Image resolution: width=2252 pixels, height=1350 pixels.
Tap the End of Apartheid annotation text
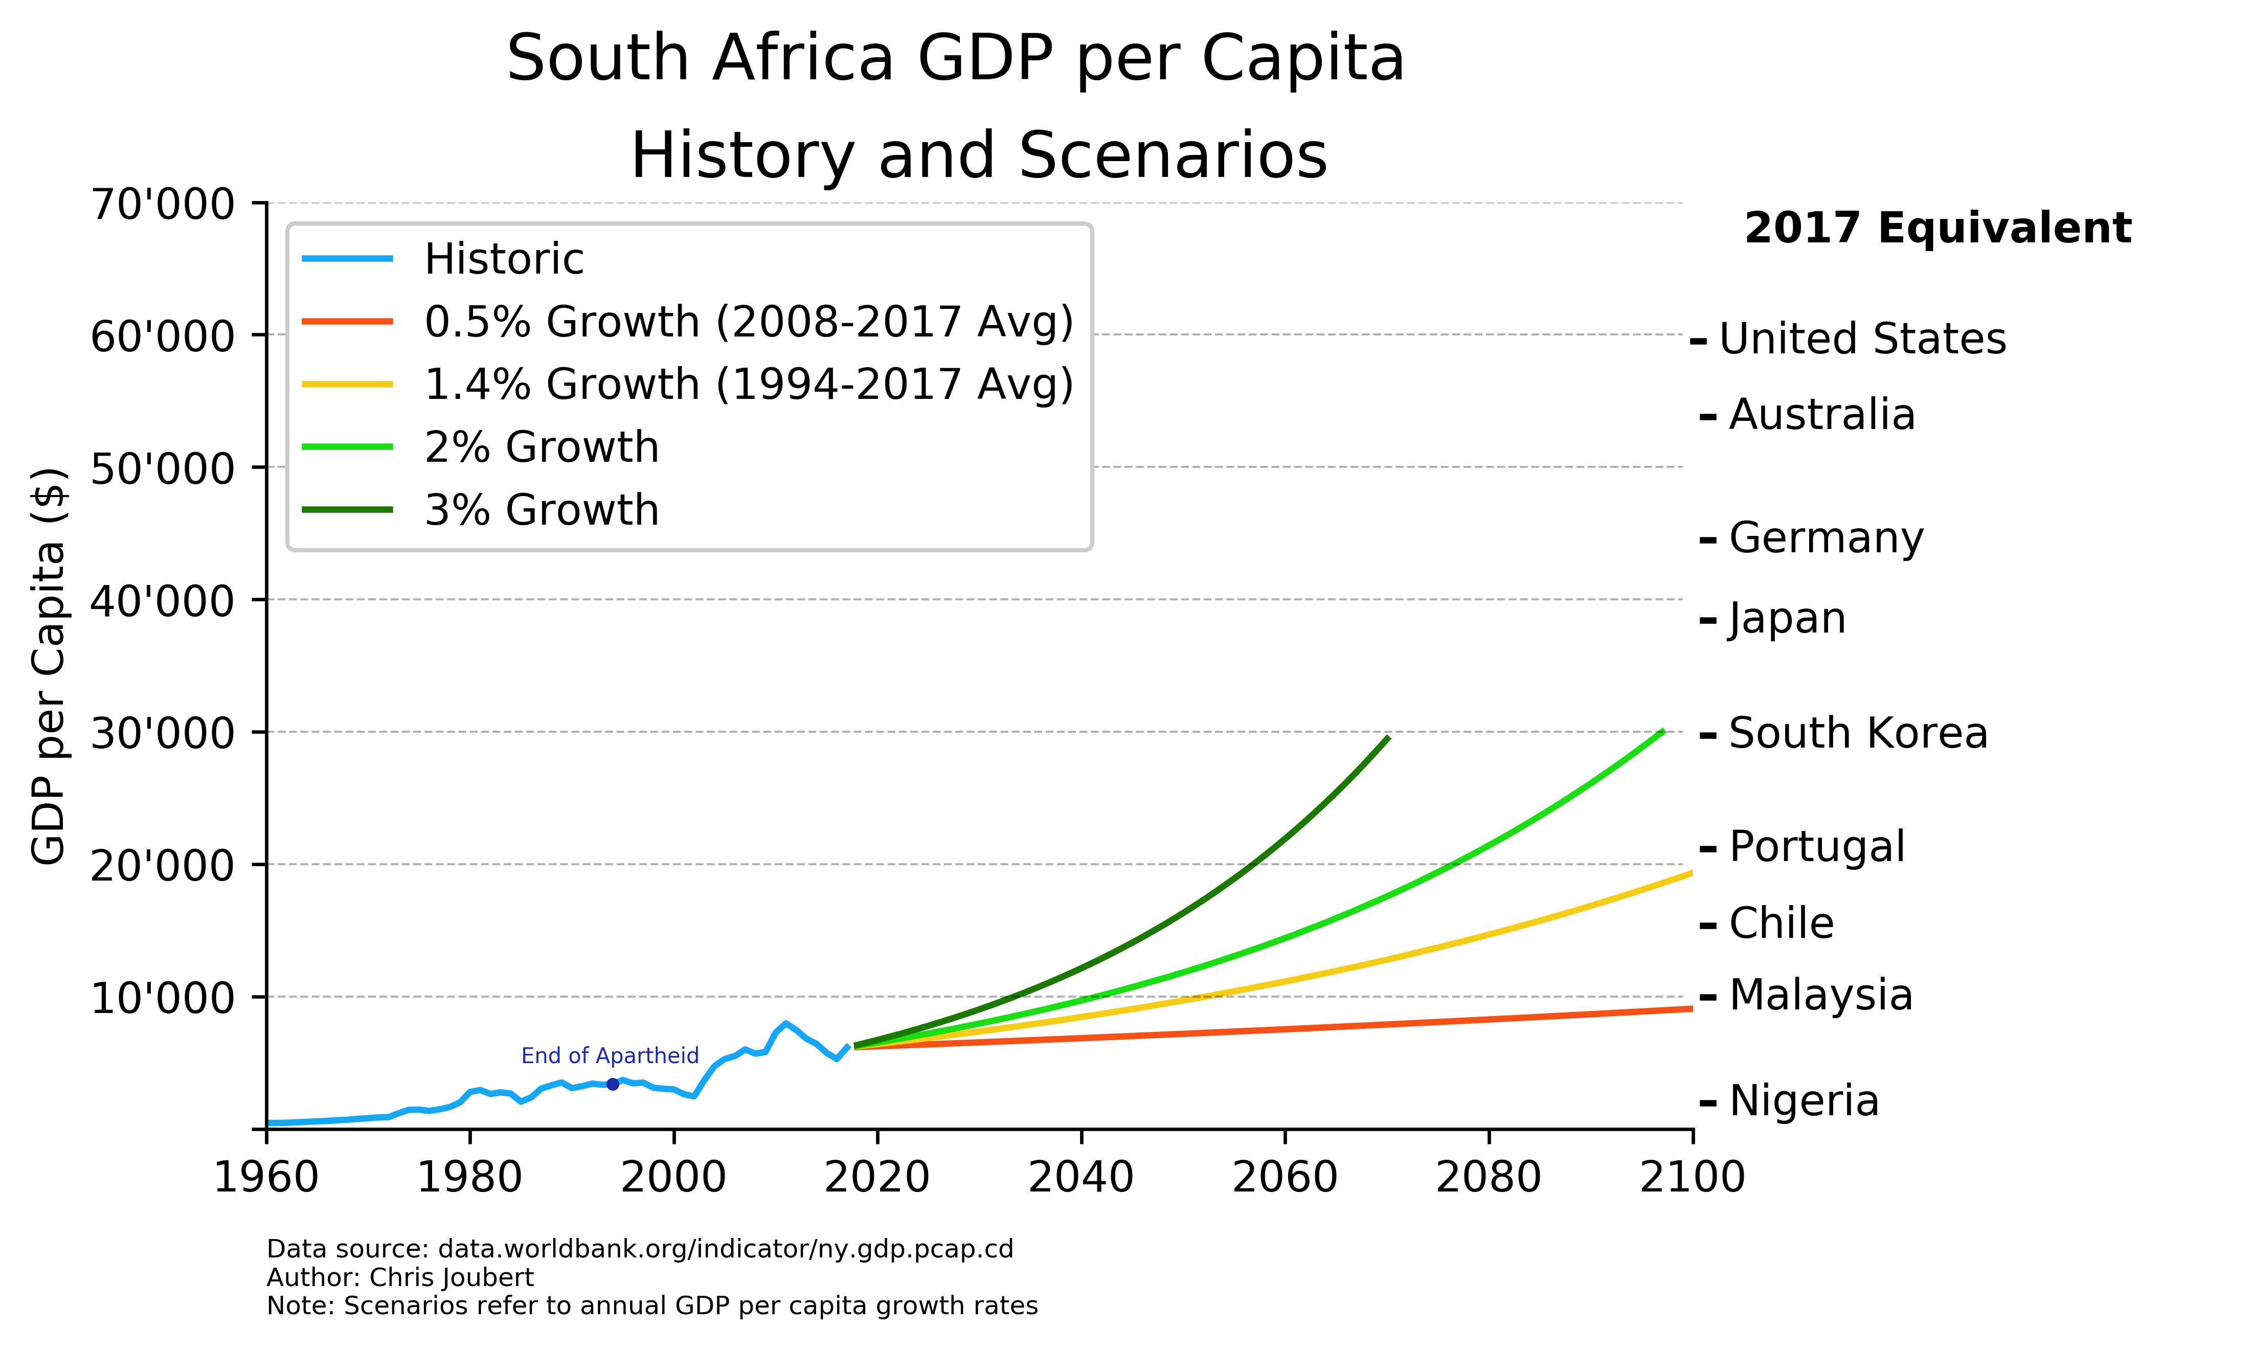pos(610,1055)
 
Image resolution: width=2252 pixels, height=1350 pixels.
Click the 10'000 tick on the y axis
pos(162,998)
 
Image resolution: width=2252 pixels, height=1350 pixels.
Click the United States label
pos(1862,340)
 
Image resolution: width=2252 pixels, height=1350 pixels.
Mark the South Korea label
pos(1857,733)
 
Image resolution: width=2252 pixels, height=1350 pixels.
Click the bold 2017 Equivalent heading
pos(1938,229)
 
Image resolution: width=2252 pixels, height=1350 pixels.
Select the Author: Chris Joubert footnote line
pos(400,1277)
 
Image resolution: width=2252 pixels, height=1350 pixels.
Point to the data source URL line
pos(639,1249)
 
